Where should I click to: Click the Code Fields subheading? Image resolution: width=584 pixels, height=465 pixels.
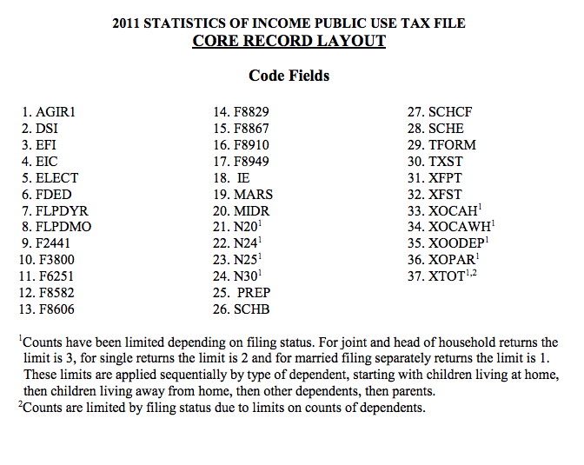289,76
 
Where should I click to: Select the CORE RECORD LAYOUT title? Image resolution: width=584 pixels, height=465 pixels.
289,41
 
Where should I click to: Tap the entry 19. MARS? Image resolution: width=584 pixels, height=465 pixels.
242,195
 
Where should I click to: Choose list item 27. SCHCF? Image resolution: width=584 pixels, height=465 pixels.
440,112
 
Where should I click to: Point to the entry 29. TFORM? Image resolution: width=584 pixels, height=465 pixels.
441,145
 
